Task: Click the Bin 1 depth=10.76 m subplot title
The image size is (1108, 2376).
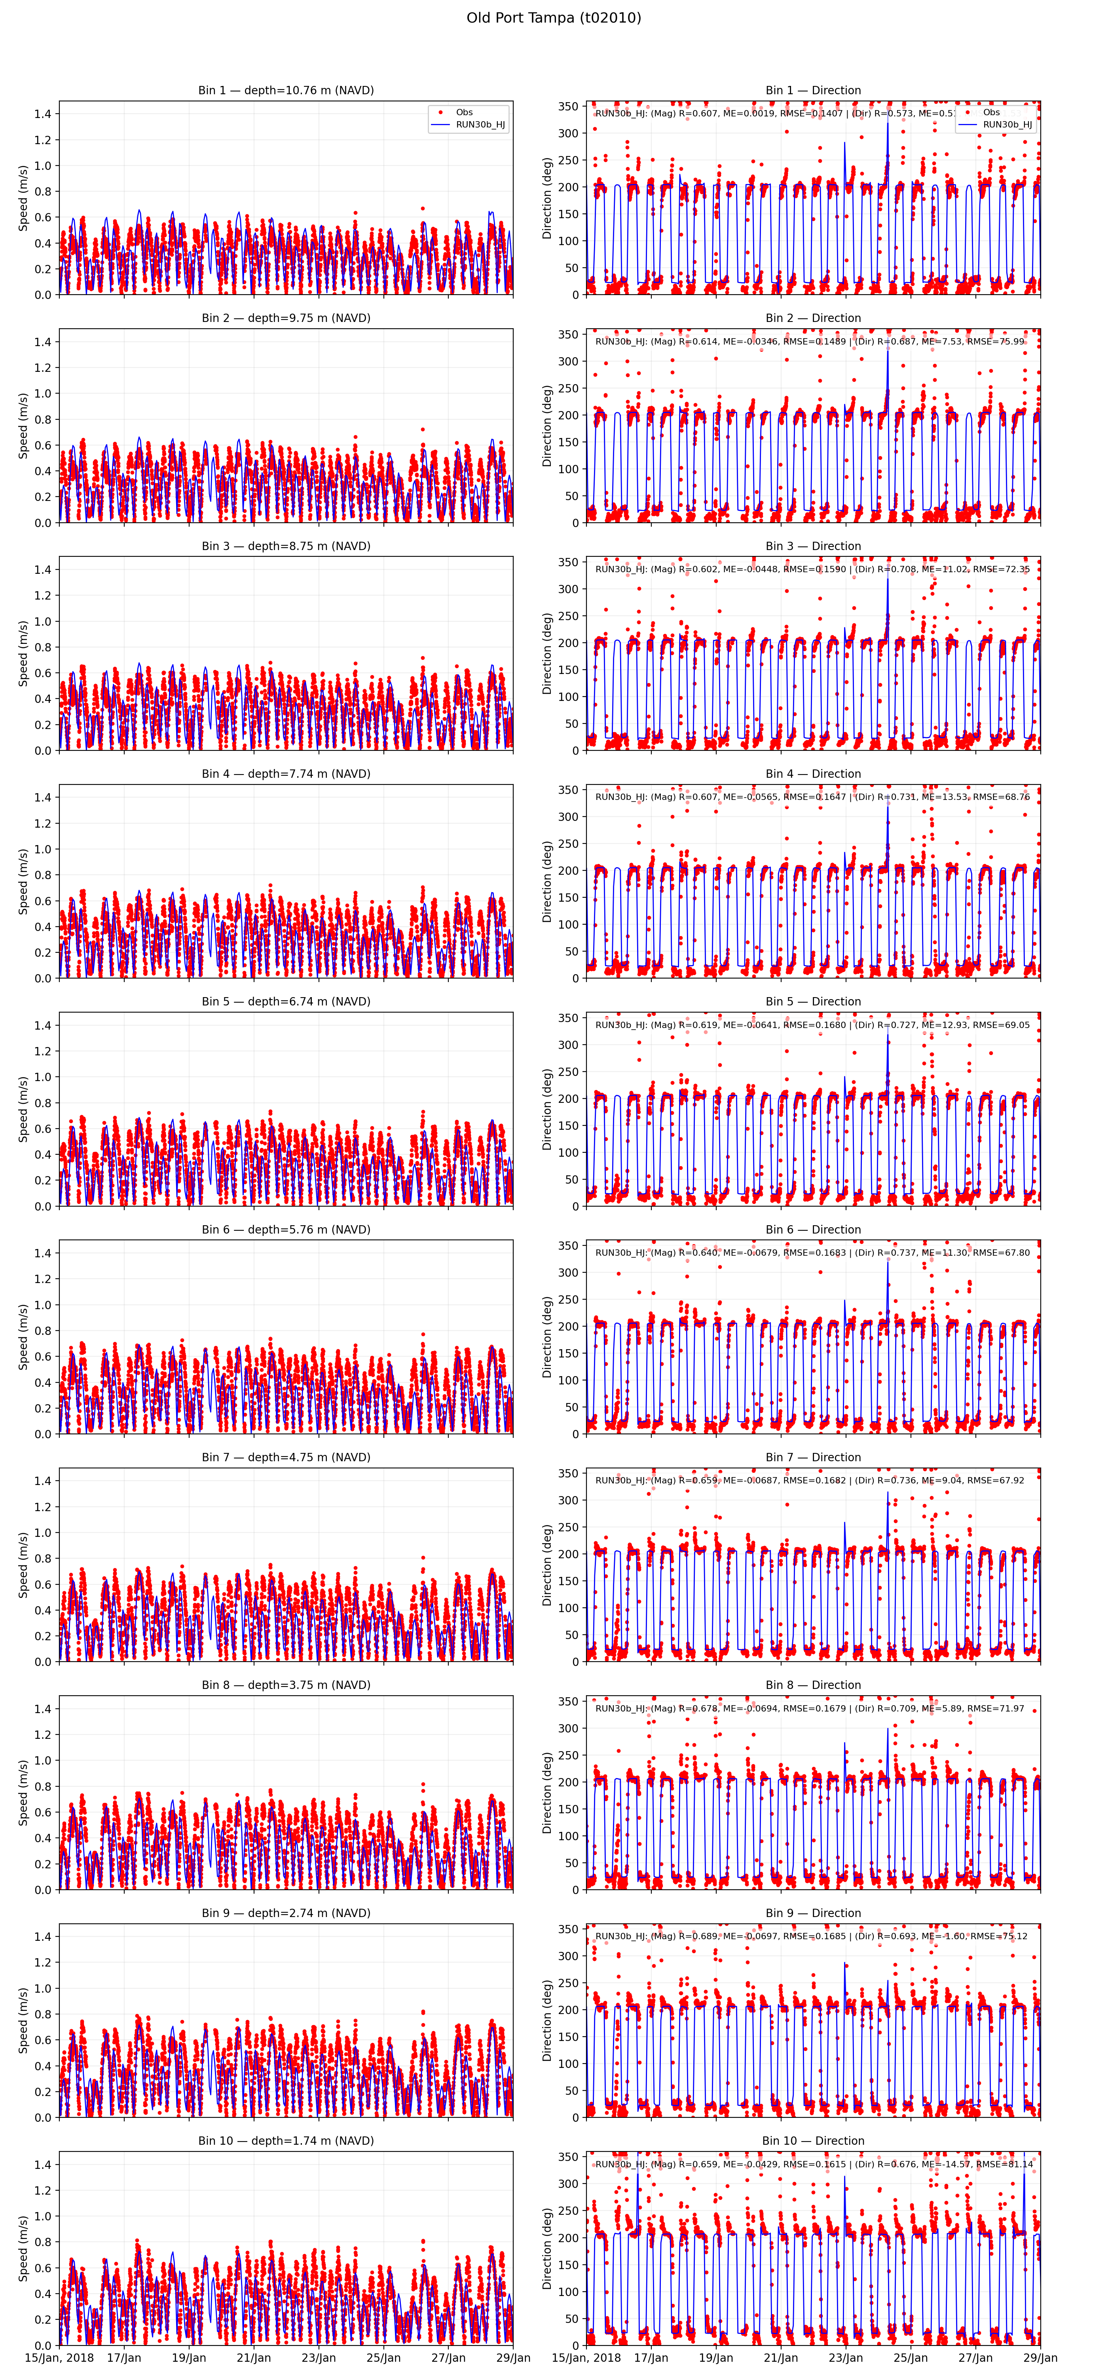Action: tap(286, 90)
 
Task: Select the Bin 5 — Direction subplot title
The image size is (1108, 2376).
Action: tap(813, 1002)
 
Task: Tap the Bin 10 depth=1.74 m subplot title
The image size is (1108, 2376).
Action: tap(286, 2141)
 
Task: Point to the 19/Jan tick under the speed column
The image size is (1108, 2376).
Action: tap(189, 2357)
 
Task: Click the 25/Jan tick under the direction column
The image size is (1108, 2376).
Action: tap(911, 2357)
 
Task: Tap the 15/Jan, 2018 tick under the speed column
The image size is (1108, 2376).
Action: tap(59, 2357)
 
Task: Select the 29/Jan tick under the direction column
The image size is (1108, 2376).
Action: tap(1041, 2357)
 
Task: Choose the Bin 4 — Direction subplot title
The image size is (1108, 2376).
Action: tap(813, 774)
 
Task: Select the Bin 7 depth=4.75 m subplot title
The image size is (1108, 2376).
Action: tap(286, 1457)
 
